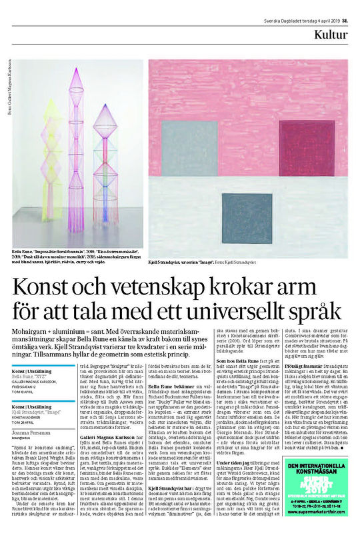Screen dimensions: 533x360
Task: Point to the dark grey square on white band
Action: pos(244,217)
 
